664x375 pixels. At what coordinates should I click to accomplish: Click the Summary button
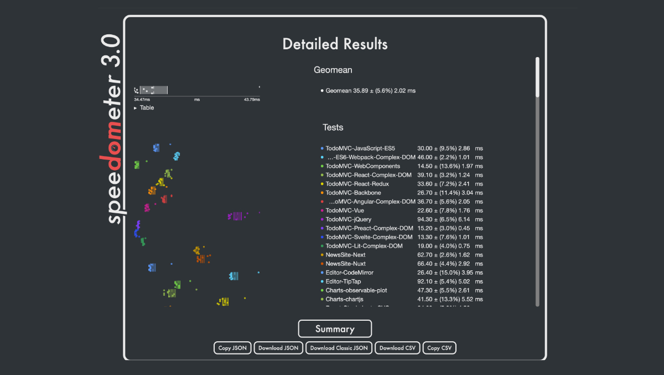tap(335, 329)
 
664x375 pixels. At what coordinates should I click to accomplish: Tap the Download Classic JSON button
tap(339, 348)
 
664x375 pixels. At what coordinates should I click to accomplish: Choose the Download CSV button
tap(397, 348)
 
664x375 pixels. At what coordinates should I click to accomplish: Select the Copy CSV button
tap(439, 348)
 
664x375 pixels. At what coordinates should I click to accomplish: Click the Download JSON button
tap(279, 348)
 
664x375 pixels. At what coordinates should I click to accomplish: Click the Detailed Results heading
tap(335, 44)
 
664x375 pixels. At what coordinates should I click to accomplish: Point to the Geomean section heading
tap(333, 70)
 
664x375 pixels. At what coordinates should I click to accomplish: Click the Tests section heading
tap(333, 127)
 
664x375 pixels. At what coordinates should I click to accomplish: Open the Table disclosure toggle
tap(137, 108)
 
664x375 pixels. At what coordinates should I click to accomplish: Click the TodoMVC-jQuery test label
tap(348, 219)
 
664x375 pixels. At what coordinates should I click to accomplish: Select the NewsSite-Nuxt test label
tap(345, 264)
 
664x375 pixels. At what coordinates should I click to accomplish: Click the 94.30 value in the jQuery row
tap(426, 219)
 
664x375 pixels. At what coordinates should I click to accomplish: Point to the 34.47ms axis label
tap(142, 100)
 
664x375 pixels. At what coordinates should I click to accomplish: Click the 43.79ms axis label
tap(252, 100)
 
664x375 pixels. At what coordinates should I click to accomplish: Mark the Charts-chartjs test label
tap(344, 299)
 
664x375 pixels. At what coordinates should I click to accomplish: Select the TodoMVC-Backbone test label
tap(353, 193)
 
